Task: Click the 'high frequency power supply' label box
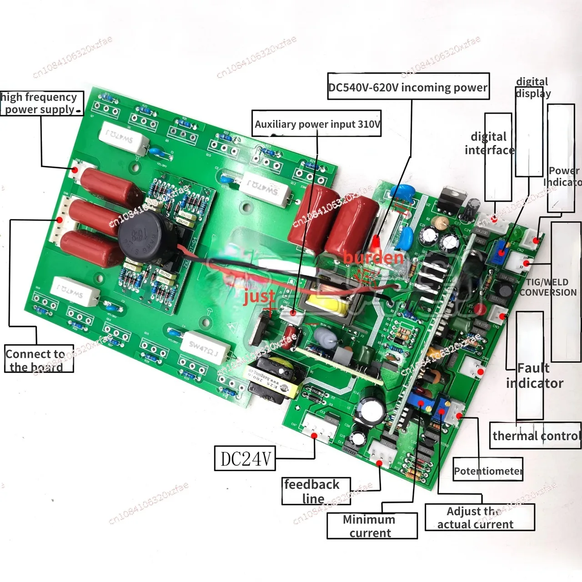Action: coord(41,103)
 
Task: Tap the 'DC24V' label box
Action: coord(245,458)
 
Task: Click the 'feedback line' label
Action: coord(316,491)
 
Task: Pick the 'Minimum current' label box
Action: coord(371,526)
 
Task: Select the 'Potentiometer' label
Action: coord(488,471)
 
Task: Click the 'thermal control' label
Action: coord(536,436)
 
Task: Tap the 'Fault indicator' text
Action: coord(534,376)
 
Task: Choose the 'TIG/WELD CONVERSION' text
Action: coord(548,287)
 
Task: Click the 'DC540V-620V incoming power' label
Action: coord(408,87)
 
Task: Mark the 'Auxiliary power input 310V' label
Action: coord(316,124)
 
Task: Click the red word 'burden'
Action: coord(374,258)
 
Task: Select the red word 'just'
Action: coord(259,296)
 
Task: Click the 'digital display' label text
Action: coord(532,87)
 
